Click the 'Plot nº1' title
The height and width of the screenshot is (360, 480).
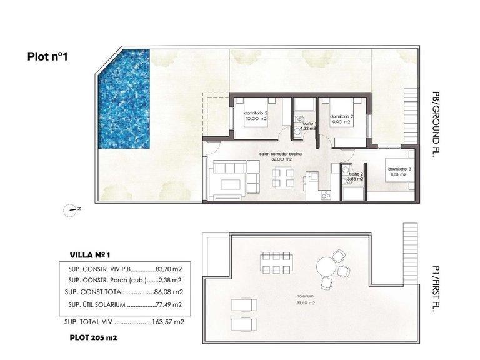tap(47, 56)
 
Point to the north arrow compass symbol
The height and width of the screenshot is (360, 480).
tap(71, 210)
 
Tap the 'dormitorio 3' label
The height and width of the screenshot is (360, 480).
tap(398, 169)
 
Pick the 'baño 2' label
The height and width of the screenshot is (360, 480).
tap(356, 174)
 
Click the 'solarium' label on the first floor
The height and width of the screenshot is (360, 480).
tap(306, 297)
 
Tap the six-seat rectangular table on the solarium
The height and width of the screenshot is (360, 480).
tap(274, 262)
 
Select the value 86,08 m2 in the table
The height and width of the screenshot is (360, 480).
tap(168, 292)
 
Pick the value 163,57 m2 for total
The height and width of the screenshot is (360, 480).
tap(169, 322)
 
